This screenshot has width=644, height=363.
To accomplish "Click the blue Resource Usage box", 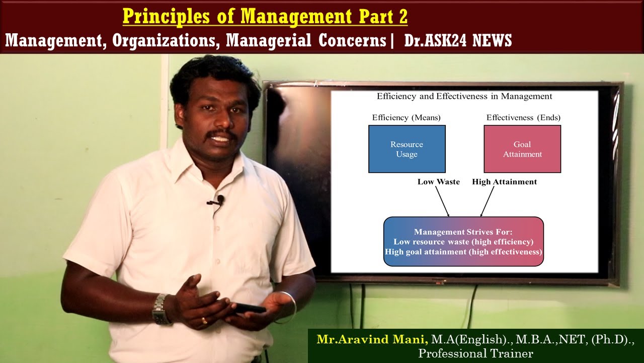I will pyautogui.click(x=407, y=149).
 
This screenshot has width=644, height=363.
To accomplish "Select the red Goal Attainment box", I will pyautogui.click(x=522, y=149).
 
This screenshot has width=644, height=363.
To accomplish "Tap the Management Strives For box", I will pyautogui.click(x=463, y=241).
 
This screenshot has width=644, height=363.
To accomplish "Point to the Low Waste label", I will pyautogui.click(x=438, y=181).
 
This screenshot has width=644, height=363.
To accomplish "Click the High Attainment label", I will pyautogui.click(x=504, y=181).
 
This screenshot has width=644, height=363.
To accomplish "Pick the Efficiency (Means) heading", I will pyautogui.click(x=406, y=117).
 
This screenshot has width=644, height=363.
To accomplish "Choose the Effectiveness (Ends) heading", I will pyautogui.click(x=523, y=117).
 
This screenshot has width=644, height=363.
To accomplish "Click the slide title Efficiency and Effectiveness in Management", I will pyautogui.click(x=464, y=96).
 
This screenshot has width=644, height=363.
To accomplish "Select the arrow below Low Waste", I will pyautogui.click(x=442, y=202).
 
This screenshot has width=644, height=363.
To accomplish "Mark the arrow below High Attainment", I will pyautogui.click(x=487, y=202).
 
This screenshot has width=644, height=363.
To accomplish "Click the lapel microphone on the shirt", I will pyautogui.click(x=217, y=201).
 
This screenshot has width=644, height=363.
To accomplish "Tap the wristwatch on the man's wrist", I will pyautogui.click(x=160, y=309).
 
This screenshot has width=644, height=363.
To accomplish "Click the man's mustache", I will pyautogui.click(x=222, y=135).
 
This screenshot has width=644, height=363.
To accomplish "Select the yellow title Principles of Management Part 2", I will pyautogui.click(x=265, y=17).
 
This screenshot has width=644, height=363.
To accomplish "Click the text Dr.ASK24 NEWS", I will pyautogui.click(x=458, y=41).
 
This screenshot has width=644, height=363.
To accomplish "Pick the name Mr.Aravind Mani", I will pyautogui.click(x=372, y=339).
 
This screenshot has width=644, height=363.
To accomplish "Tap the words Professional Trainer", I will pyautogui.click(x=475, y=353).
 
